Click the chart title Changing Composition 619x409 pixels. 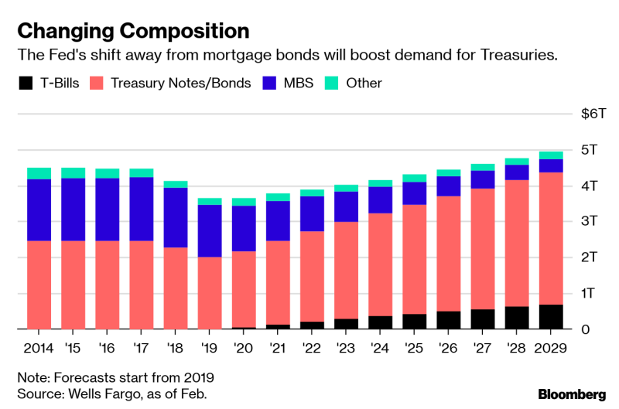[x=133, y=31]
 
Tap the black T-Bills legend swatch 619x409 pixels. [x=26, y=83]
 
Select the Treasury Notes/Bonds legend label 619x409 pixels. [x=181, y=83]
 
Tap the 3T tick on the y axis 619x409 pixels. [x=590, y=221]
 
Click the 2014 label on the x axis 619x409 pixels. [x=39, y=348]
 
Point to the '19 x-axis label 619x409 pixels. [x=208, y=348]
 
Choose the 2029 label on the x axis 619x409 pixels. [x=551, y=348]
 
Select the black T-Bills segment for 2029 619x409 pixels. [x=551, y=317]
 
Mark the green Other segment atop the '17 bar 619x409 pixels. [x=141, y=173]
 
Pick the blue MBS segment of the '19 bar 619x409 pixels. [x=208, y=230]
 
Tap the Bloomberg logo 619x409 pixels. [x=572, y=394]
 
